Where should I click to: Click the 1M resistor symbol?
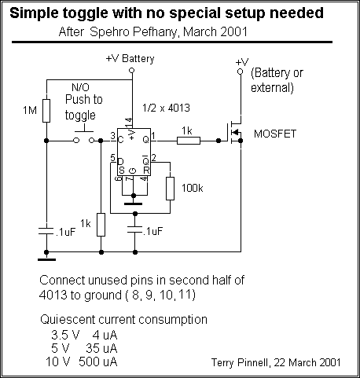click(x=46, y=111)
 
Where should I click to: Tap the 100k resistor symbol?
click(x=170, y=189)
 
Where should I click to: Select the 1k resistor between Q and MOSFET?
click(x=189, y=141)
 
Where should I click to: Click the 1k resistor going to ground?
click(x=101, y=225)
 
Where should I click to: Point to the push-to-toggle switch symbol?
click(x=84, y=138)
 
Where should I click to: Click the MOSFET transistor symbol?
click(x=235, y=132)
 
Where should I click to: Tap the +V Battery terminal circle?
click(x=132, y=70)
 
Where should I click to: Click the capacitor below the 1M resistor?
click(x=46, y=231)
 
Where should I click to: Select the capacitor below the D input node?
click(x=135, y=229)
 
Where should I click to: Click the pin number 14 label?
click(x=128, y=123)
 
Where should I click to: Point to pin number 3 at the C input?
click(x=112, y=136)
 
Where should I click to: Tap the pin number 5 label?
click(x=112, y=158)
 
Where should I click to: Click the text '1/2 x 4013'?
click(x=166, y=108)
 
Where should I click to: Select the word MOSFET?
click(x=275, y=134)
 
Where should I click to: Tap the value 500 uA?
click(x=98, y=361)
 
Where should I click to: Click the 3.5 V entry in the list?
click(x=65, y=335)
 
